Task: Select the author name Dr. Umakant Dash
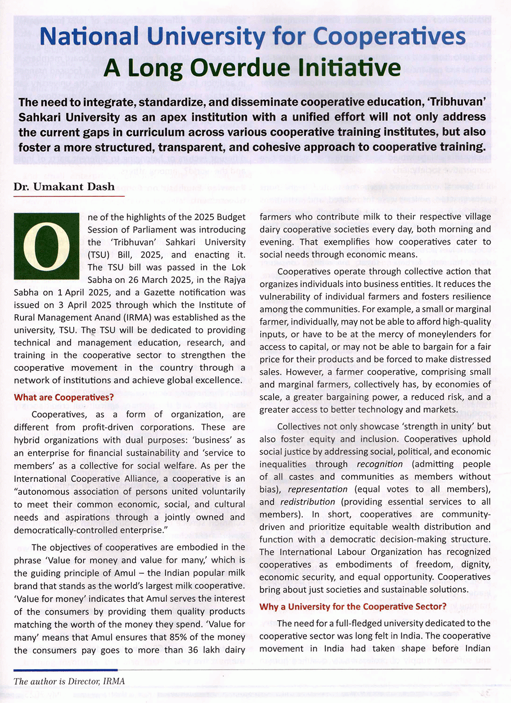[x=64, y=186]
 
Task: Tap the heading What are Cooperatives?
[x=64, y=397]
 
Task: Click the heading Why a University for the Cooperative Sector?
[x=353, y=606]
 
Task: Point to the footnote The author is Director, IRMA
[x=69, y=681]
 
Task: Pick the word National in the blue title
[x=89, y=37]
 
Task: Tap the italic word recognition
[x=380, y=464]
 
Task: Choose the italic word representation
[x=318, y=489]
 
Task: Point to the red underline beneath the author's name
[x=69, y=196]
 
